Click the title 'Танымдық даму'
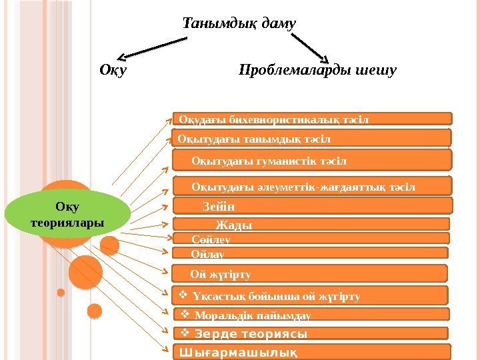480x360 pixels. (239, 25)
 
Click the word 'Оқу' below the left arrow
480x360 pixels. (113, 69)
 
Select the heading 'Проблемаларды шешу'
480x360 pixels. (317, 69)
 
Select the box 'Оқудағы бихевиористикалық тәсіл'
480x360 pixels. (312, 119)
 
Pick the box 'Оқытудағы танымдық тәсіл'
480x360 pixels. (312, 138)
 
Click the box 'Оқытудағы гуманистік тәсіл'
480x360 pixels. (312, 160)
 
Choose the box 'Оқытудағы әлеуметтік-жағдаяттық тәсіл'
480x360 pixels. (312, 186)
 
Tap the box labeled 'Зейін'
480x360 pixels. (312, 206)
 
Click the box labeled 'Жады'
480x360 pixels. (312, 225)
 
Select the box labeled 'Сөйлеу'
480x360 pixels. (312, 238)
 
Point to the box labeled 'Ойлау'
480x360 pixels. (312, 253)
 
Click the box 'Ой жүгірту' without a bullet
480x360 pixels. (312, 273)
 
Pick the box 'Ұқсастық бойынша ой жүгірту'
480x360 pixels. (312, 295)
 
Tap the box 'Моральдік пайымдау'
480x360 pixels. (312, 315)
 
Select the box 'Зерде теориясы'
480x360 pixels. (312, 333)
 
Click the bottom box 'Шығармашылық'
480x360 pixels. (312, 351)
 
